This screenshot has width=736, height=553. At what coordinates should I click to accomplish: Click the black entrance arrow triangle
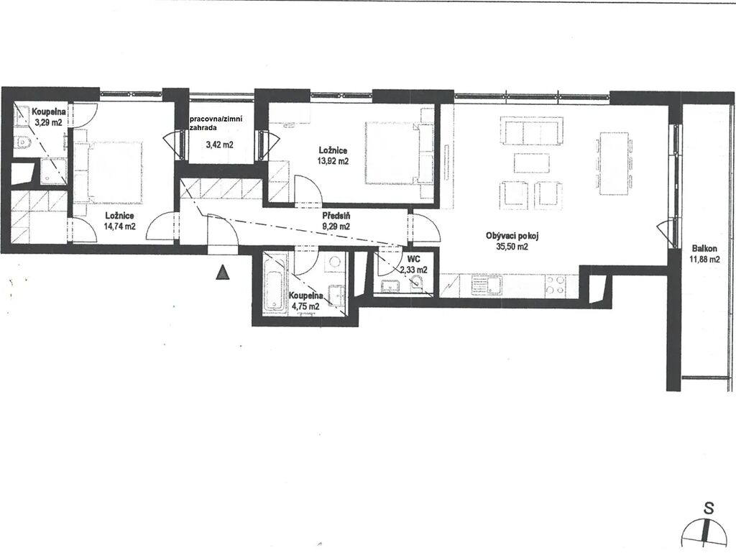pyautogui.click(x=223, y=273)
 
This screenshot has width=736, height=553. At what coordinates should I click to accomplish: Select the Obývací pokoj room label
pyautogui.click(x=512, y=237)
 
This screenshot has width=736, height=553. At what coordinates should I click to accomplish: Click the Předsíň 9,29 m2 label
pyautogui.click(x=336, y=221)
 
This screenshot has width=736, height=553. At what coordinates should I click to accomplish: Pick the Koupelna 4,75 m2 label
pyautogui.click(x=306, y=301)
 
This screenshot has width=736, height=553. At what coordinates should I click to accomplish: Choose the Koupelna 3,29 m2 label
pyautogui.click(x=48, y=117)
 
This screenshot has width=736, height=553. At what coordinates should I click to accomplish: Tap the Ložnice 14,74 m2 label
pyautogui.click(x=120, y=221)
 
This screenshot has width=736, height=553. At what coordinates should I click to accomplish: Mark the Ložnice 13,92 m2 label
pyautogui.click(x=333, y=155)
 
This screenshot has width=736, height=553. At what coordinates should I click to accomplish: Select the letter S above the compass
pyautogui.click(x=709, y=508)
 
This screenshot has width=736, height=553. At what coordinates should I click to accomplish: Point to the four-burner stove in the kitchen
pyautogui.click(x=555, y=285)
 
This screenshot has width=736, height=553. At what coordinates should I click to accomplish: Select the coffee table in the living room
pyautogui.click(x=532, y=163)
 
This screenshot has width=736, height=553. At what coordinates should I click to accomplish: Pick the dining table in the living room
pyautogui.click(x=615, y=163)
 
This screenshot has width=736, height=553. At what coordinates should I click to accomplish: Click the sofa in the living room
pyautogui.click(x=532, y=132)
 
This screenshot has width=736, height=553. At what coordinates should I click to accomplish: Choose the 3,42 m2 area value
pyautogui.click(x=220, y=145)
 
